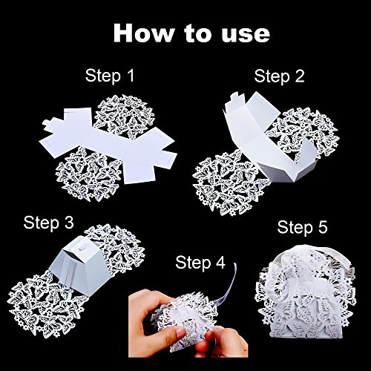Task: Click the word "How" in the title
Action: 144,33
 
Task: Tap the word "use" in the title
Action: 246,36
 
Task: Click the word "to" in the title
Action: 198,34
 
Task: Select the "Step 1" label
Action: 110,75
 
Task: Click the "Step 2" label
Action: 279,76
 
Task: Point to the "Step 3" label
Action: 49,223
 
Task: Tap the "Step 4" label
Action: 200,262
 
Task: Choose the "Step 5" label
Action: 302,227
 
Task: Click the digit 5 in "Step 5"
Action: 322,227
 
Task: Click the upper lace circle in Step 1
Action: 125,115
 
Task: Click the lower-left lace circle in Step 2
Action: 229,184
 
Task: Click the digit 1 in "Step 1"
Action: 131,75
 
